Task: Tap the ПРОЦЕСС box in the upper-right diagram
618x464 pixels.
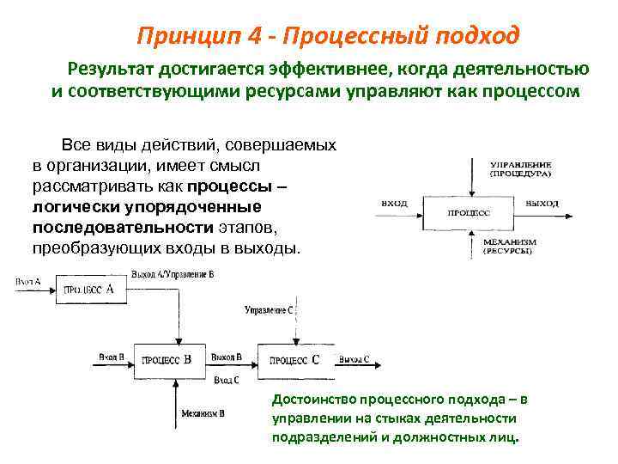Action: [x=470, y=211]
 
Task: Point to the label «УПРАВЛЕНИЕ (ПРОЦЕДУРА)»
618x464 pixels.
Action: [x=520, y=168]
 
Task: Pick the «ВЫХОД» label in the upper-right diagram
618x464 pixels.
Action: [x=542, y=203]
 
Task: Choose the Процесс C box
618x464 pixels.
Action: [x=294, y=360]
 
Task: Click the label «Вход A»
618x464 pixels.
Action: [x=27, y=281]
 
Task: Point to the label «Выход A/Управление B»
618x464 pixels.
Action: [x=172, y=273]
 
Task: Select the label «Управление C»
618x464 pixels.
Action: [x=268, y=308]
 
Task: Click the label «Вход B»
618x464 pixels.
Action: [x=111, y=356]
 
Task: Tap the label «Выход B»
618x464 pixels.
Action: [x=226, y=356]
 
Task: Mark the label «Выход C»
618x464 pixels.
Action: [x=354, y=358]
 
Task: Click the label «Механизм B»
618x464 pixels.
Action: [x=203, y=413]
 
